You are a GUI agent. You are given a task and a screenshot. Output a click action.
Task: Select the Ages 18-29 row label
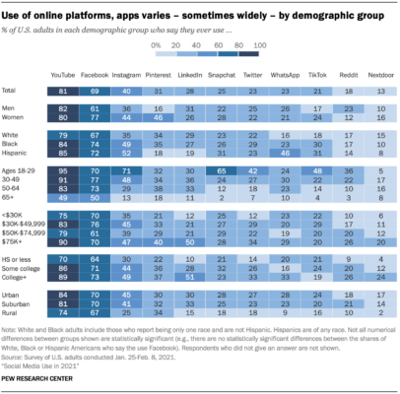tap(23, 171)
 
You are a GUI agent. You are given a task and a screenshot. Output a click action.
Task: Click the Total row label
tap(14, 90)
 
